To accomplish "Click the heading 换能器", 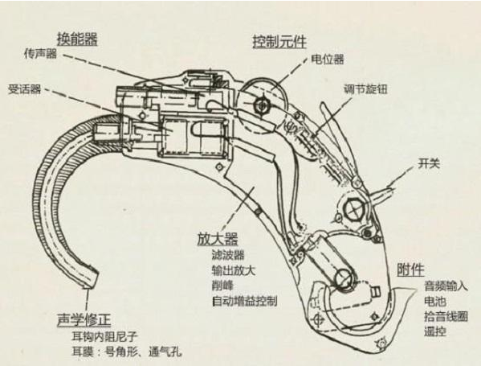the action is click(77, 39).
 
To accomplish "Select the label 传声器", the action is click(41, 54).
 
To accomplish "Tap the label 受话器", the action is click(24, 89).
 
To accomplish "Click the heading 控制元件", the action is click(279, 42).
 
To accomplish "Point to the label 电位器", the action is click(328, 59).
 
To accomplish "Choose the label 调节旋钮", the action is click(366, 89).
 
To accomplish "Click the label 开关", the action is click(429, 163).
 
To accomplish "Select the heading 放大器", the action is click(218, 238).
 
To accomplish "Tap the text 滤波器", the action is click(228, 255).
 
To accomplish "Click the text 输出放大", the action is click(234, 270).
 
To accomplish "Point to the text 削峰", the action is click(222, 286).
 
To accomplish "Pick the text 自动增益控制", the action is click(245, 301).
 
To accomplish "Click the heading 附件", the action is click(410, 269).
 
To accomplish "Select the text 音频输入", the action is click(446, 286).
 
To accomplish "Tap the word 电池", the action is click(435, 301).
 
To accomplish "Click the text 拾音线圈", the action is click(446, 316).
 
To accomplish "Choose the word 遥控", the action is click(435, 331).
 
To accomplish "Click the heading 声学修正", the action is click(84, 320).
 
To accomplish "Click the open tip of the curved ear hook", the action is click(91, 279).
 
